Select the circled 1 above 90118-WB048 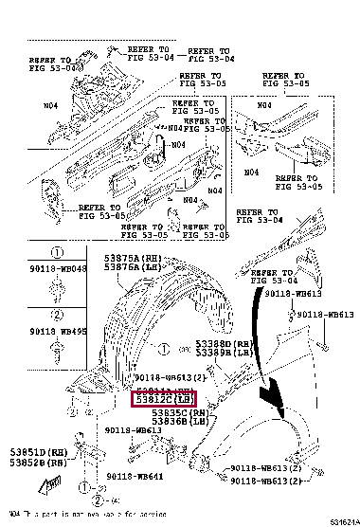[x=56, y=253]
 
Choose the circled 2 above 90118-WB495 [x=56, y=314]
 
